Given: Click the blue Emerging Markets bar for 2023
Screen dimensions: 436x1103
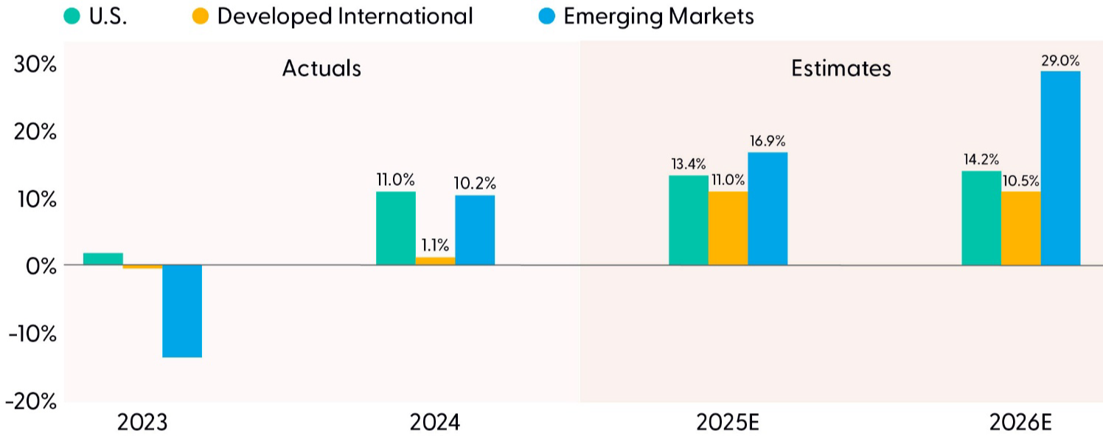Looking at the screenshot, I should pos(182,311).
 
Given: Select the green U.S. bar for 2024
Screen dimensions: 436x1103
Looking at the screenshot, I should pos(396,228).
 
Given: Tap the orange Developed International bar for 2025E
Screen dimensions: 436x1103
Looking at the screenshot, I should pos(728,228).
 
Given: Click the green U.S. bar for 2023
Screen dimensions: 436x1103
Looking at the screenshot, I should pos(103,259).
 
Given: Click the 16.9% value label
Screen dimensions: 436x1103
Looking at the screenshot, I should pos(768,141).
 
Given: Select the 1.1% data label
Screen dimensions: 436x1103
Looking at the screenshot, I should pos(435,246).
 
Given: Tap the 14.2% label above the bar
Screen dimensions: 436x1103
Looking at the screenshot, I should pos(981,159).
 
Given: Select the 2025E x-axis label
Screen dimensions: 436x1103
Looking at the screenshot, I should pos(728,423).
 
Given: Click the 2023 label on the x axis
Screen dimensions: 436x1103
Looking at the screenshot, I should pos(142,423).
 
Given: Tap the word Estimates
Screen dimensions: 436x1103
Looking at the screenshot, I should pos(841,69).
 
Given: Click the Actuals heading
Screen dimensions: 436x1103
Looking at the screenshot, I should pos(321,69).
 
